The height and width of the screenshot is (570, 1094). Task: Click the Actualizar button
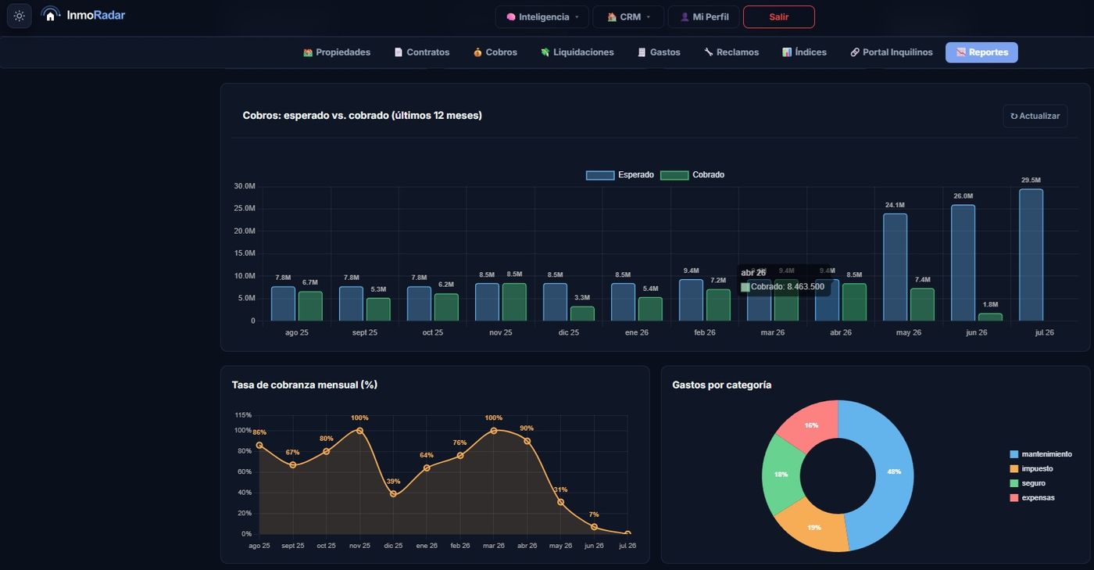coord(1035,117)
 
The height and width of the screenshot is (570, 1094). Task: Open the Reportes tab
coord(981,52)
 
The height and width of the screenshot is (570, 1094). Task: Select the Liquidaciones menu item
coord(577,52)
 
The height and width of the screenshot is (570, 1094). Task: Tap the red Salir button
coord(778,17)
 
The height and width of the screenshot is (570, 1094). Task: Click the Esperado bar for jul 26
coord(1031,255)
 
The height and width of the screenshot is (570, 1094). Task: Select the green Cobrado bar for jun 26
coord(990,317)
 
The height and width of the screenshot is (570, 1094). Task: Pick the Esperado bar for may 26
coord(895,267)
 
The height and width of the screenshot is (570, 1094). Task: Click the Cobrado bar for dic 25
coord(582,314)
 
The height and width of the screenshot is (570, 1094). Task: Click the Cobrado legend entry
coord(692,175)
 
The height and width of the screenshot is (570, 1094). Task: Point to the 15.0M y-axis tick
coord(244,253)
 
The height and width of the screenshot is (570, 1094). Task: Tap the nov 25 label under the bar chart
coord(501,332)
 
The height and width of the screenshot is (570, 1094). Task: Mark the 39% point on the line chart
coord(393,493)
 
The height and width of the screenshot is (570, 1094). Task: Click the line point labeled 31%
coord(561,502)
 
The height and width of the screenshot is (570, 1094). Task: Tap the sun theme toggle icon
coord(19,16)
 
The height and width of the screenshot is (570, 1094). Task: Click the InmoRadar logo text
coord(95,15)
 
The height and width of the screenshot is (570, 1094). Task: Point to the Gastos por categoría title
coord(721,385)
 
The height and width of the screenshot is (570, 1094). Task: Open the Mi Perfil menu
coord(704,17)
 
